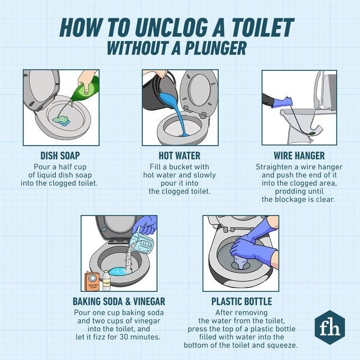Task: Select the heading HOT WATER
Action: [179, 156]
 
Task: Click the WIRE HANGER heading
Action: [299, 156]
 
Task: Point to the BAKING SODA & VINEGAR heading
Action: [119, 301]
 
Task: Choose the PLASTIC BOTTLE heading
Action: [241, 301]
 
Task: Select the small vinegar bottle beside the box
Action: [106, 280]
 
